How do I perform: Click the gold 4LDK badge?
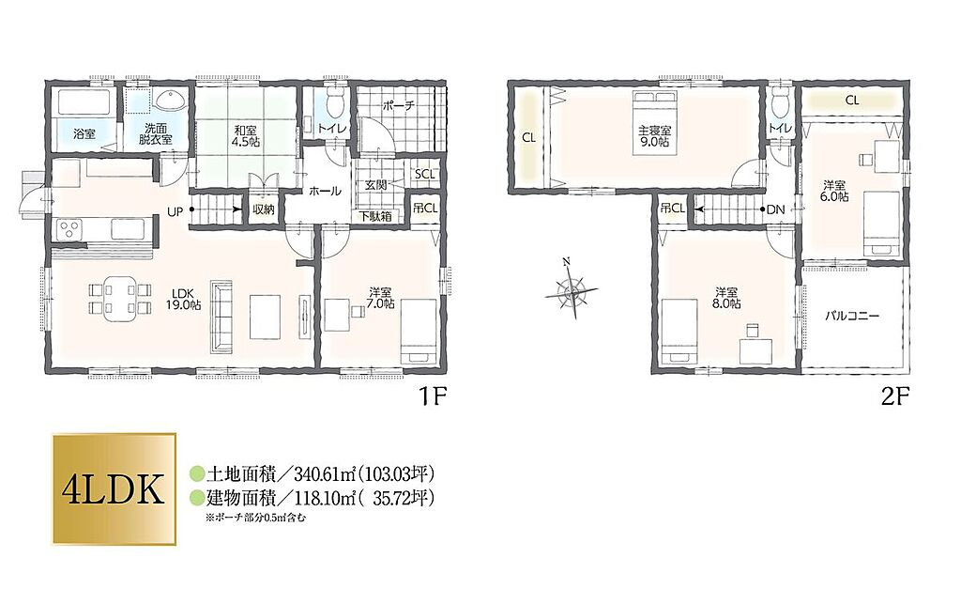[x=114, y=489]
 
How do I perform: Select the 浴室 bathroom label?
[x=84, y=133]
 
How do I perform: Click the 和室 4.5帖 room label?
[x=245, y=135]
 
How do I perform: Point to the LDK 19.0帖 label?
[x=183, y=299]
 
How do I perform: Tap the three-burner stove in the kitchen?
[x=69, y=231]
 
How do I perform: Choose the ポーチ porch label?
[x=398, y=105]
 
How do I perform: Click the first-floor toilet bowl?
[x=335, y=103]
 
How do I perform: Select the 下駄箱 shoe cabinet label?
[x=375, y=216]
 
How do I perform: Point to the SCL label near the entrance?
[x=424, y=174]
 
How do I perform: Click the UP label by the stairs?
[x=175, y=212]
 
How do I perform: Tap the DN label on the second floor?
[x=776, y=209]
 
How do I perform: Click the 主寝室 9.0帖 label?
[x=654, y=136]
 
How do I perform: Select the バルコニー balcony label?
[x=852, y=317]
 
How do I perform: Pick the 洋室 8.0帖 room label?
[x=727, y=298]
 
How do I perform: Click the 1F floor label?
[x=432, y=397]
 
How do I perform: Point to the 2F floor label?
[x=894, y=397]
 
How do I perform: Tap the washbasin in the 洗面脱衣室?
[x=169, y=100]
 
